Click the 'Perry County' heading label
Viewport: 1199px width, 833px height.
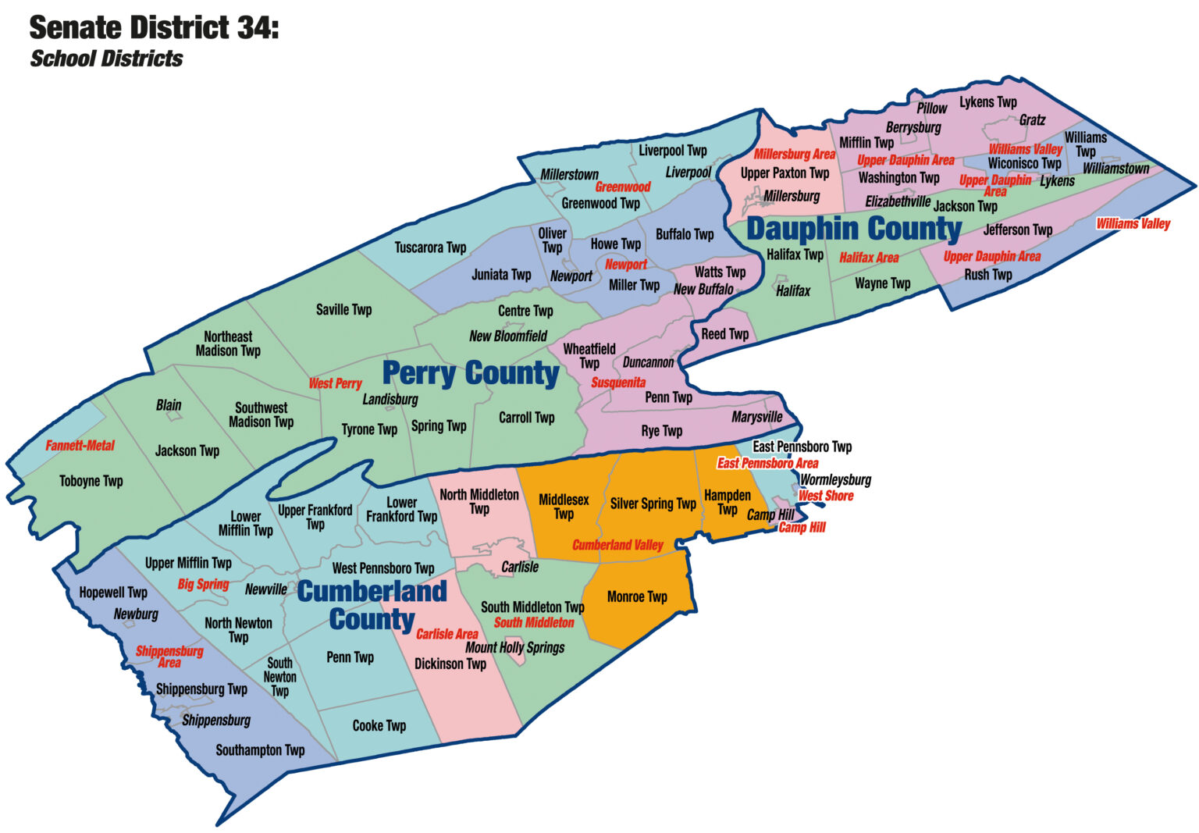click(470, 374)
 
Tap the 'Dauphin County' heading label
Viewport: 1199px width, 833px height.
click(854, 229)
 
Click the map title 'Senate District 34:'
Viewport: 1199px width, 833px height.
click(154, 28)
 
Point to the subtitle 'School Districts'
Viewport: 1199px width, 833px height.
click(106, 59)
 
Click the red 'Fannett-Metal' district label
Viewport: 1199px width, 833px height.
click(80, 446)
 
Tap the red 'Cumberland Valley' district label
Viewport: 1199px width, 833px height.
click(617, 545)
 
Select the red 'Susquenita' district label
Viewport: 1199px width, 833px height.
click(617, 383)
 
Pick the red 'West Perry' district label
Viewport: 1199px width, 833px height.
click(335, 383)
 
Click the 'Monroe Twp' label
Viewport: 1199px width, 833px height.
click(637, 596)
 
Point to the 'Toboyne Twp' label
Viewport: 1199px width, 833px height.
click(91, 481)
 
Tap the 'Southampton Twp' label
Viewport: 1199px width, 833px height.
click(260, 750)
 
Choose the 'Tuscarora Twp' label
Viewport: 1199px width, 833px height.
click(430, 247)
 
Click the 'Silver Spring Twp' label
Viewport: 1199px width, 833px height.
click(653, 504)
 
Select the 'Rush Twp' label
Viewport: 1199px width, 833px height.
click(987, 274)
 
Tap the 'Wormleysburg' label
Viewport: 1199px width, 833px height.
click(835, 479)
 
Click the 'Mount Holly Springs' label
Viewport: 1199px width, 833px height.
click(514, 647)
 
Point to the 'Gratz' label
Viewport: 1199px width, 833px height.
click(1032, 120)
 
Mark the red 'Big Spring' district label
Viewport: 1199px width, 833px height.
click(203, 584)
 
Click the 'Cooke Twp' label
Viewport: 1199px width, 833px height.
click(379, 725)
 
